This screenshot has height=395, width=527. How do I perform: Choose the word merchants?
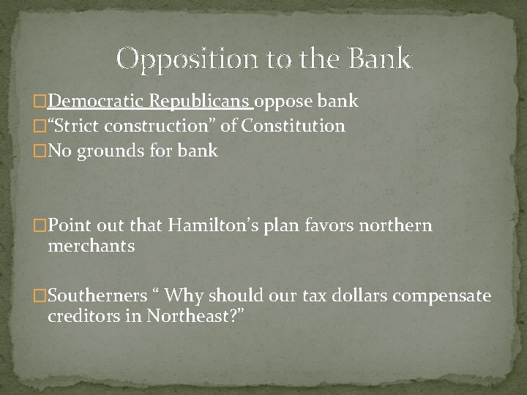click(91, 246)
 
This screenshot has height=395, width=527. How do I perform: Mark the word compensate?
click(446, 296)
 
